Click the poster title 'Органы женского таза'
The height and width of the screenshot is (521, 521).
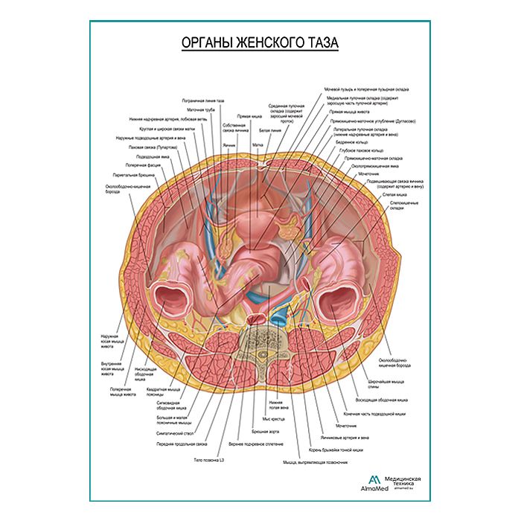(260, 43)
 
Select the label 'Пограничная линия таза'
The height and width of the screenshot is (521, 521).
(203, 100)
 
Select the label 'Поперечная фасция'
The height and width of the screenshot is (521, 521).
(139, 165)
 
